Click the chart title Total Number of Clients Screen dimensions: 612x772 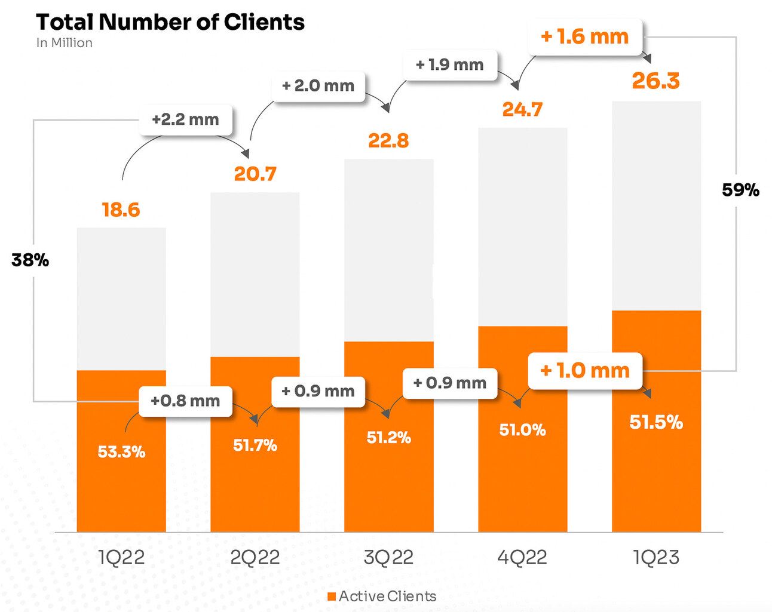click(x=170, y=22)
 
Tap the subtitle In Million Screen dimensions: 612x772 click(x=64, y=43)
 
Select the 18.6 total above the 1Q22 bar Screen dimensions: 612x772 click(x=121, y=210)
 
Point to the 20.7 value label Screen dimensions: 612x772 click(x=255, y=174)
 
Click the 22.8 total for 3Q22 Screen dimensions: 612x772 click(x=388, y=140)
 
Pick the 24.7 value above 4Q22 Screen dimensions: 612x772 click(x=522, y=109)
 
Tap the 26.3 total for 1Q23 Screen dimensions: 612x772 click(x=655, y=81)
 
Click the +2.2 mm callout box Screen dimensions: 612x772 click(x=185, y=119)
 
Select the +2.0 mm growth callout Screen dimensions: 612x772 click(x=318, y=85)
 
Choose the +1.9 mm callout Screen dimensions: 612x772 click(x=450, y=64)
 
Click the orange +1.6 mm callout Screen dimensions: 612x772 click(x=584, y=37)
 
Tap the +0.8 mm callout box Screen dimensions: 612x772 click(x=185, y=400)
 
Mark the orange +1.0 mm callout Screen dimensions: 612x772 click(x=584, y=371)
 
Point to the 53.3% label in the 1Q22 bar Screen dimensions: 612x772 click(x=121, y=451)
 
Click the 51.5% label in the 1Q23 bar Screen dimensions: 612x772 click(x=655, y=422)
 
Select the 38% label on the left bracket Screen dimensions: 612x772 click(x=30, y=260)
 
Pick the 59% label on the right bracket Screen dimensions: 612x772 click(x=740, y=190)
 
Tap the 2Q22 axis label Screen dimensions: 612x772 click(x=255, y=557)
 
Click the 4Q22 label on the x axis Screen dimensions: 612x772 click(x=522, y=557)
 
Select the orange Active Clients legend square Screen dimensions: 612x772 click(x=332, y=596)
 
